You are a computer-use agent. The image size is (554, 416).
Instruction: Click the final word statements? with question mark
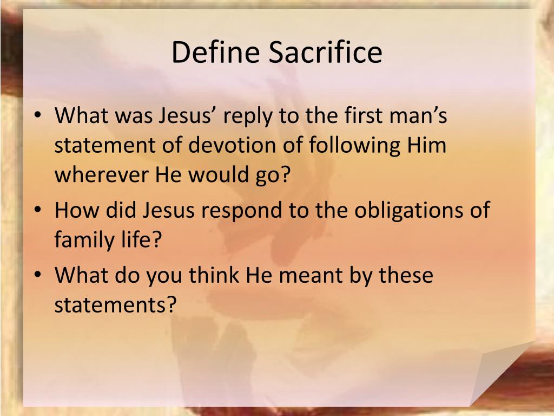116,305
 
